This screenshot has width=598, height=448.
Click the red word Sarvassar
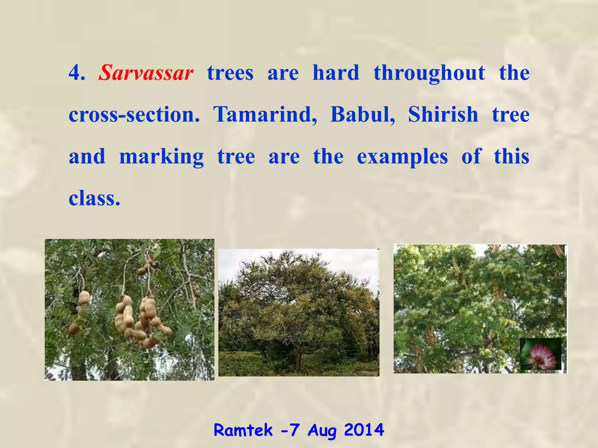pyautogui.click(x=146, y=73)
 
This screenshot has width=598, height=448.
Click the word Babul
pyautogui.click(x=362, y=115)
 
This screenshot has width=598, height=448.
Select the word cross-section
pyautogui.click(x=134, y=115)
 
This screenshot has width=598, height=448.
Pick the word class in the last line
pyautogui.click(x=92, y=199)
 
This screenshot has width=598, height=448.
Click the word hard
pyautogui.click(x=336, y=73)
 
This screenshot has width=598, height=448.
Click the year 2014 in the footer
pyautogui.click(x=364, y=430)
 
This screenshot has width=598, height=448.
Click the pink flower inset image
pyautogui.click(x=541, y=354)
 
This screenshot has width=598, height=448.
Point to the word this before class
pyautogui.click(x=511, y=157)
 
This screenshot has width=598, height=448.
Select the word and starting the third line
pyautogui.click(x=87, y=157)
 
